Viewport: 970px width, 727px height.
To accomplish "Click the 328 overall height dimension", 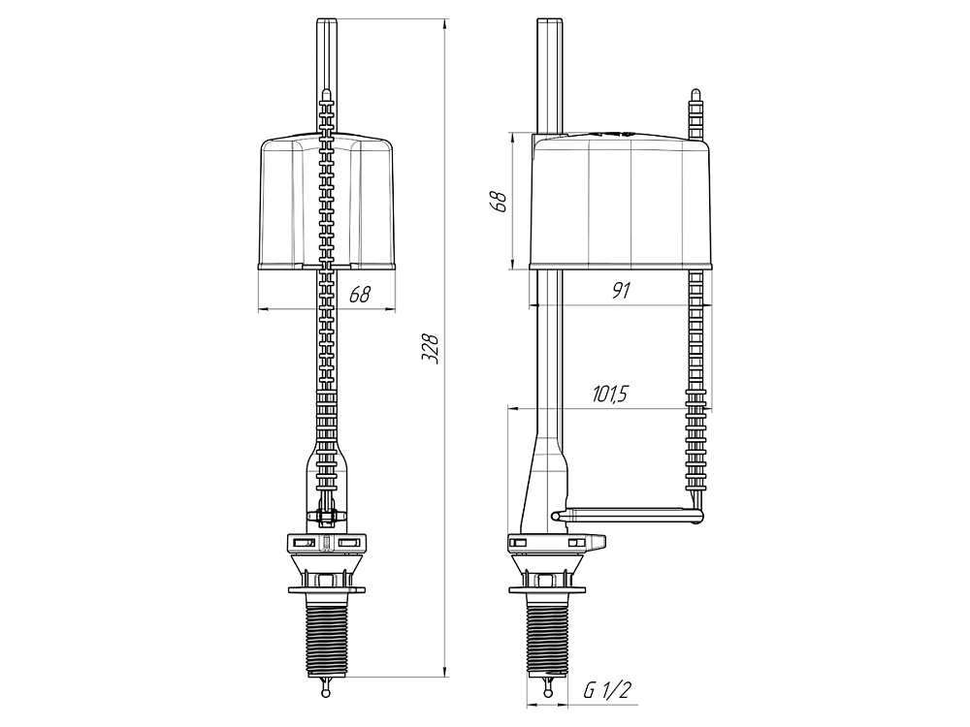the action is pyautogui.click(x=430, y=349).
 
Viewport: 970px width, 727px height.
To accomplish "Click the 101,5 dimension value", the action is pyautogui.click(x=610, y=394).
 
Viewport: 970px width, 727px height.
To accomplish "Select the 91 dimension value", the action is pyautogui.click(x=621, y=290).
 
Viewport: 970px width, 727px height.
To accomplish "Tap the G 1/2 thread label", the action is pyautogui.click(x=606, y=690).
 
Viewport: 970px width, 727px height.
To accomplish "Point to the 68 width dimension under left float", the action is pyautogui.click(x=360, y=294).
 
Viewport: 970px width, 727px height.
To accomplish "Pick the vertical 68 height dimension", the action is pyautogui.click(x=499, y=202).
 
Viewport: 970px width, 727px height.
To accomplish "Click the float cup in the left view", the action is pyautogui.click(x=327, y=204).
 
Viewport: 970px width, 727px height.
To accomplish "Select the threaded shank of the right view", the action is pyautogui.click(x=547, y=636).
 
